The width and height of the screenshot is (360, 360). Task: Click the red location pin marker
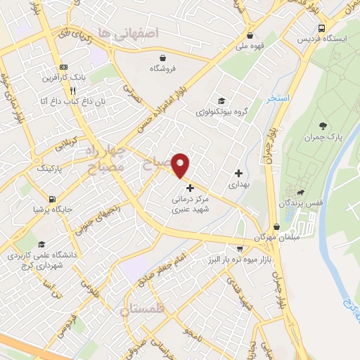coord(181,165)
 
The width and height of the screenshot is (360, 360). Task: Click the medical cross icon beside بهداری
coord(238,173)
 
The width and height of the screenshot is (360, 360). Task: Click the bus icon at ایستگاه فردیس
coord(321,28)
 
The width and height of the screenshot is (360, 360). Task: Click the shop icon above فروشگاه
coord(163,58)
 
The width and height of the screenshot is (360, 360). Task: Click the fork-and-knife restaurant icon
coord(72,90)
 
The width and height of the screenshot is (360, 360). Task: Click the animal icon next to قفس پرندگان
coord(301,193)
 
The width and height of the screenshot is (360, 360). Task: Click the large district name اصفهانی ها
coord(130,32)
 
